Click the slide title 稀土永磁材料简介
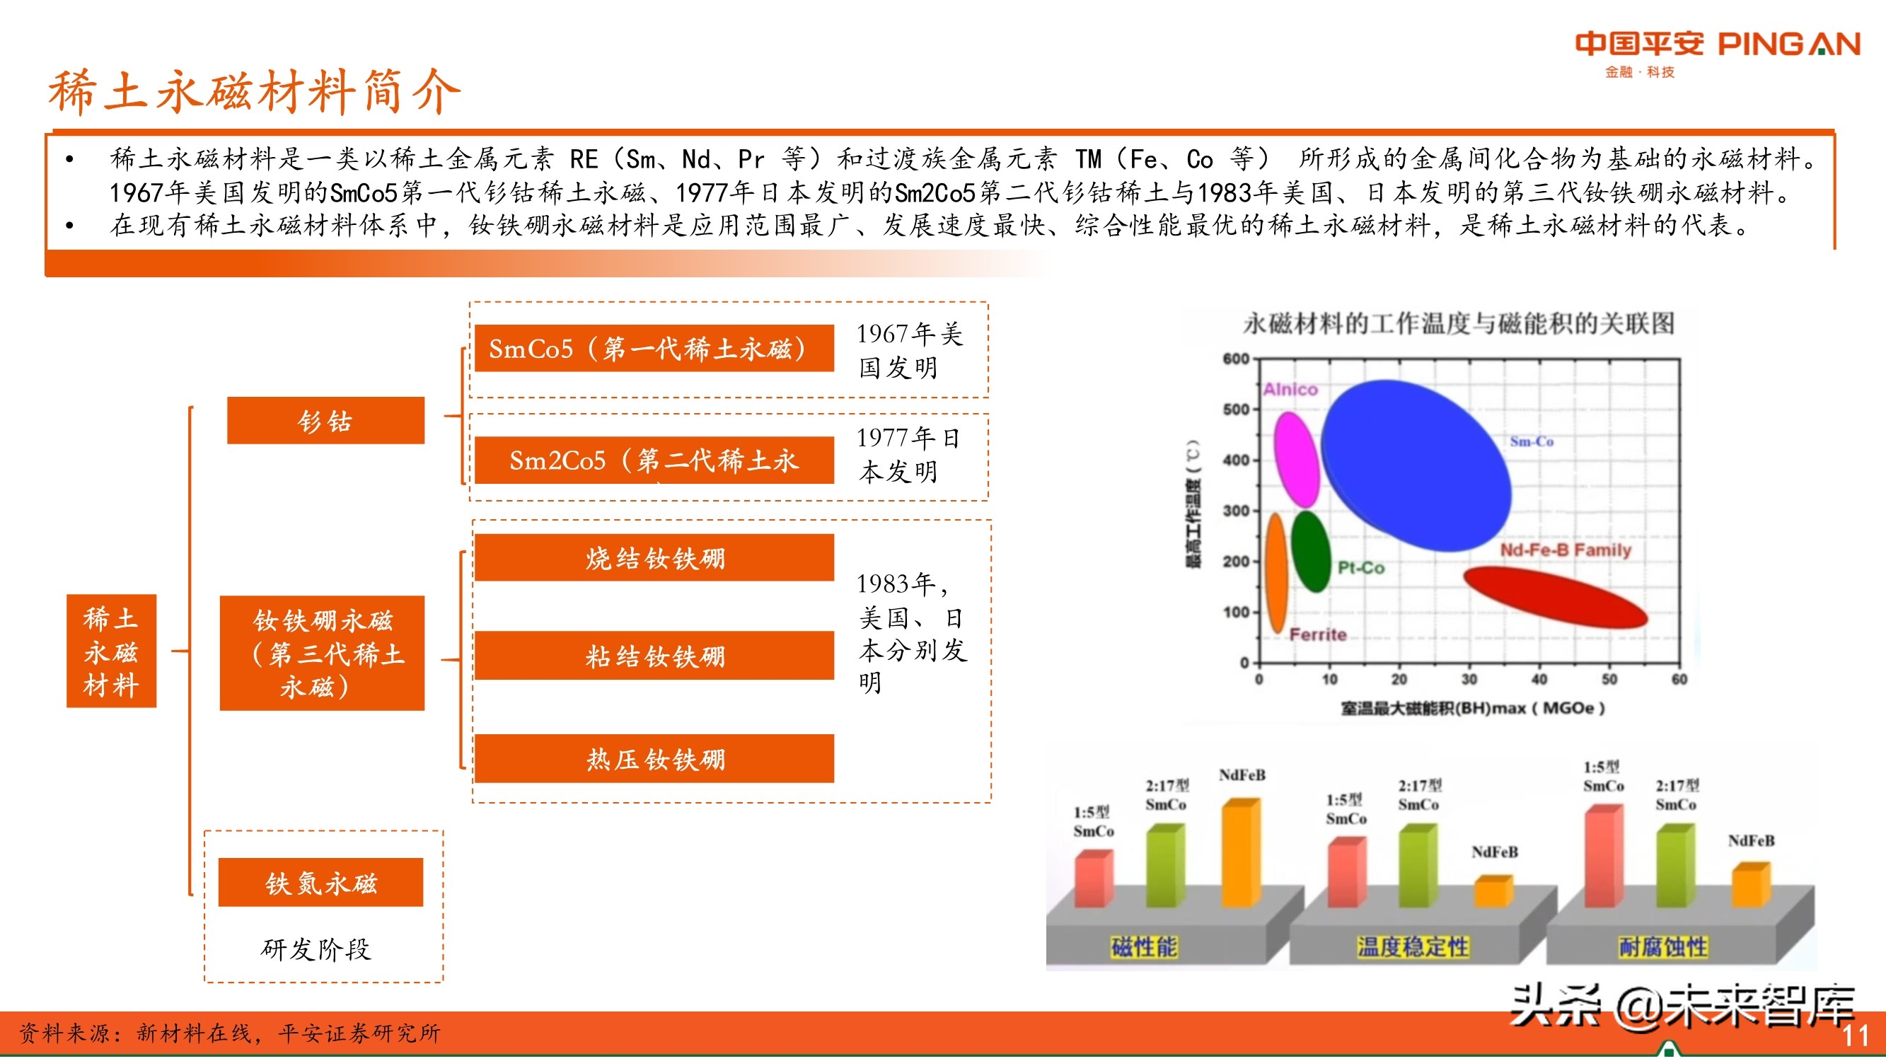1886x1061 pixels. pos(254,91)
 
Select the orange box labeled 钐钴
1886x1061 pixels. pos(325,420)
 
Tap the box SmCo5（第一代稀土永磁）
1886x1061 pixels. pos(653,349)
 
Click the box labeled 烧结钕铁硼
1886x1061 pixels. pos(654,558)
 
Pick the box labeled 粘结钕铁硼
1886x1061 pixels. pos(654,656)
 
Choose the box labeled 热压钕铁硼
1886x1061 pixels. pos(654,758)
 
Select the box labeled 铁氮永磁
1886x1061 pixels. pos(320,882)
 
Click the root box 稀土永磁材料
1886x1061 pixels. pos(111,651)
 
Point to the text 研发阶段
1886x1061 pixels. pos(316,949)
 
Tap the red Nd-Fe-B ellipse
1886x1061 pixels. pos(1554,596)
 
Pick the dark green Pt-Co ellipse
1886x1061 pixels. pos(1311,550)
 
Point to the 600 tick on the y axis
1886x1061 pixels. pos(1236,359)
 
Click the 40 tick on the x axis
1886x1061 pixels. pos(1539,679)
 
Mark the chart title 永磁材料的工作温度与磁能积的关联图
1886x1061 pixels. pos(1459,323)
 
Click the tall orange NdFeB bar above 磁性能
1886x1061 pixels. pos(1240,853)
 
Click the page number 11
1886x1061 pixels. pos(1854,1036)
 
